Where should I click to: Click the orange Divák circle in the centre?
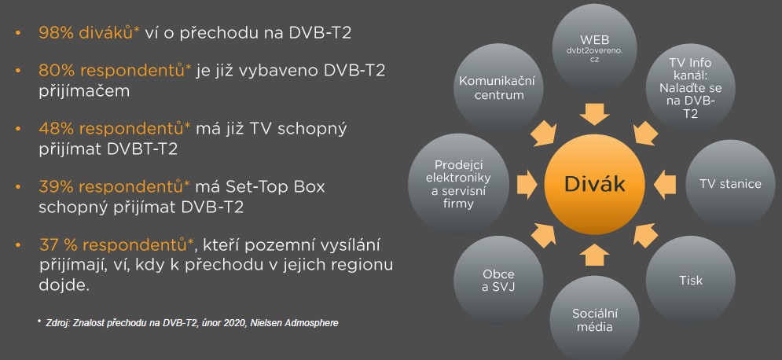click(x=594, y=185)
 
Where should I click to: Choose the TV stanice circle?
click(x=730, y=184)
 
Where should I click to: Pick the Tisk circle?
click(x=691, y=280)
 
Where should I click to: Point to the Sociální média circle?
click(x=594, y=320)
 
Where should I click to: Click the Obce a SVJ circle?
click(x=498, y=281)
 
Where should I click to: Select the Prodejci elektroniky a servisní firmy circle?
click(x=458, y=184)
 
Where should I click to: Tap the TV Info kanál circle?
click(x=691, y=88)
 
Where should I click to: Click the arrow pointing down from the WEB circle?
click(x=594, y=113)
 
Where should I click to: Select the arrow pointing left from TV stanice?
click(x=664, y=185)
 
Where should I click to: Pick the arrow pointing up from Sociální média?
click(x=594, y=255)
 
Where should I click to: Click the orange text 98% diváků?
click(x=90, y=34)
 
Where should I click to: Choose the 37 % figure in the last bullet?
click(x=57, y=245)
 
